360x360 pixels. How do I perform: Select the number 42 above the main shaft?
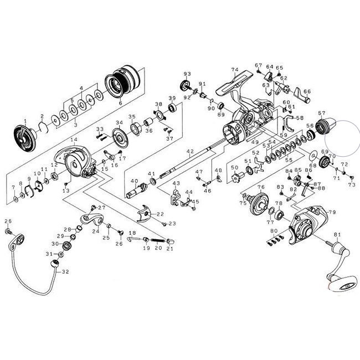pos(190,151)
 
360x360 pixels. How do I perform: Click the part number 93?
pos(187,74)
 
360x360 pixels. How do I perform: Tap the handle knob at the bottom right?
pos(337,286)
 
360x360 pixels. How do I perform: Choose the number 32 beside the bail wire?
pos(66,271)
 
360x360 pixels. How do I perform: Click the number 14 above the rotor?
pos(74,140)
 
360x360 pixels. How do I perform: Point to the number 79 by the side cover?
pos(332,213)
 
